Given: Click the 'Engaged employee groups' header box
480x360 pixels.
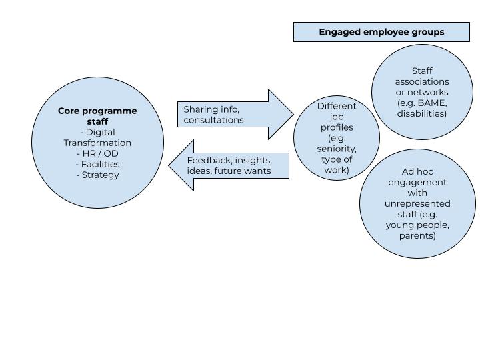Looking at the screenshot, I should click(x=381, y=32).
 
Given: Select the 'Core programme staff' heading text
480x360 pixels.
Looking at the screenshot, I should click(x=97, y=116).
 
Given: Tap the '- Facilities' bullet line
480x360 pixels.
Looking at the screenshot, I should click(x=97, y=164).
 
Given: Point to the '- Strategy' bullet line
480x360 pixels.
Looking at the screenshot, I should click(x=97, y=175).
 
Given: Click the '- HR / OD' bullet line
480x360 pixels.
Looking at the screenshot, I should click(x=97, y=153).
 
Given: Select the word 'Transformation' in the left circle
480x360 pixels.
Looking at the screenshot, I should click(x=97, y=143).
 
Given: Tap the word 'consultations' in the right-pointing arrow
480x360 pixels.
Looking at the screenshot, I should click(x=213, y=120).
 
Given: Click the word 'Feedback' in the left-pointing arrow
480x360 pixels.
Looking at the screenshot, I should click(x=209, y=160).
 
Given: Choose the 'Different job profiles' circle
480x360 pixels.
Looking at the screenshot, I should click(x=337, y=138).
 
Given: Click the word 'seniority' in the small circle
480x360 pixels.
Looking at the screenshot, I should click(x=337, y=149).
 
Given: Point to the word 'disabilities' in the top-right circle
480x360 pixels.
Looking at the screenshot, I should click(x=421, y=113).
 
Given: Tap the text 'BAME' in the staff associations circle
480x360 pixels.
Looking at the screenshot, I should click(x=431, y=103).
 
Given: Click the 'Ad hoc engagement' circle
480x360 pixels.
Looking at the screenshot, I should click(x=417, y=203).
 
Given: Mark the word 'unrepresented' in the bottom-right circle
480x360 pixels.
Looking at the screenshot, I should click(x=417, y=203).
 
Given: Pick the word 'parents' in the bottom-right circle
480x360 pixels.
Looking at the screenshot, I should click(x=417, y=235).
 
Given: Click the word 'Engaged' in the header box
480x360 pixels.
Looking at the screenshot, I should click(x=341, y=32).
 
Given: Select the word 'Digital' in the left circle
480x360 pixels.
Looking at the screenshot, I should click(x=101, y=132).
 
